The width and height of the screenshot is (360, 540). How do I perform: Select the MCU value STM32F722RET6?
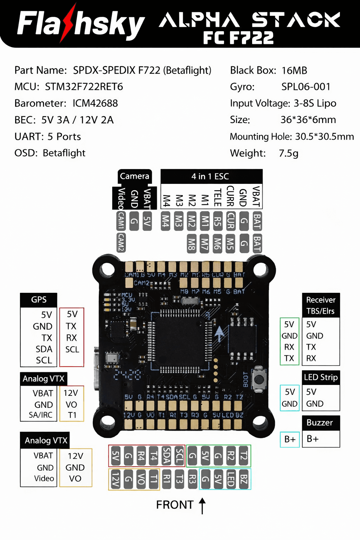point(84,87)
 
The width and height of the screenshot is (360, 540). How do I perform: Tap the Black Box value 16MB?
point(294,71)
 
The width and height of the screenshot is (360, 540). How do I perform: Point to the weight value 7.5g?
point(288,153)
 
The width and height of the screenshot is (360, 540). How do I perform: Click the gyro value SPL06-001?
point(306,87)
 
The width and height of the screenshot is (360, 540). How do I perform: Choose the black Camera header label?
point(134,176)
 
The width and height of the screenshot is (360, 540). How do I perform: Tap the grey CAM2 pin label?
point(121,243)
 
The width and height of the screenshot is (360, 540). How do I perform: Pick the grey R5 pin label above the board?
point(218,221)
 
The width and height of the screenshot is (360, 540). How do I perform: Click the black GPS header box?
point(39,300)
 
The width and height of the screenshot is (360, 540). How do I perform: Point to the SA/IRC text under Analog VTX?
point(40,415)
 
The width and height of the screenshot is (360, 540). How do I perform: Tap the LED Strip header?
point(321,378)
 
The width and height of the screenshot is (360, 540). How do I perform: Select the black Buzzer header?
point(320,423)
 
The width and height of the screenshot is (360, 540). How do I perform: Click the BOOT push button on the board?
point(259,379)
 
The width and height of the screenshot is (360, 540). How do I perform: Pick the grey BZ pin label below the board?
point(244,479)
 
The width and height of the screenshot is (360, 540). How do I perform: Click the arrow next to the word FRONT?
point(202,506)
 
